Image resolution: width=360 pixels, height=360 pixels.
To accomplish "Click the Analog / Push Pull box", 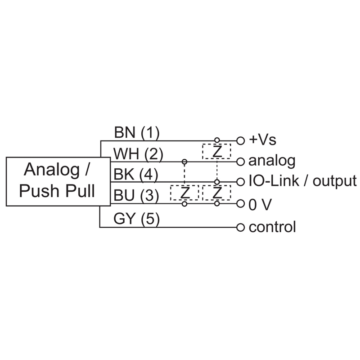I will point(58,180).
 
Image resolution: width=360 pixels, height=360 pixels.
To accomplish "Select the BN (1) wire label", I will point(137,133).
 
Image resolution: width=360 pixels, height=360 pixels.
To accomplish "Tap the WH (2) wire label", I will point(138,154).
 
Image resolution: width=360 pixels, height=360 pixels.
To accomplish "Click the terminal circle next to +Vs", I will point(240,140).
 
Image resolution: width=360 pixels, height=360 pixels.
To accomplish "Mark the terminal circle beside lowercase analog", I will point(240,161).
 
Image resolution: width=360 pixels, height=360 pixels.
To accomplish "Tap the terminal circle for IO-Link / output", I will point(240,182).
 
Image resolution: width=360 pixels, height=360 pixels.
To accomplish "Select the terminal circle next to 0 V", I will point(240,204).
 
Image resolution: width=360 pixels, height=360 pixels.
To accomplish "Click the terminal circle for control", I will point(240,226).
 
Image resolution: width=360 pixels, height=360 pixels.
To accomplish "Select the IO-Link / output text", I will point(302,181).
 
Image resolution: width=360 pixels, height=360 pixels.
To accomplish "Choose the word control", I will point(272,227).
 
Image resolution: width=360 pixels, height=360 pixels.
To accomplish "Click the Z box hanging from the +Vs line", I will point(217,151).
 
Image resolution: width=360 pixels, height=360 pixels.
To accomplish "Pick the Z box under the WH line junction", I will point(184,193).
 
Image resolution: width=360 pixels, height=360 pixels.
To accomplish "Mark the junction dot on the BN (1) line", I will point(217,140).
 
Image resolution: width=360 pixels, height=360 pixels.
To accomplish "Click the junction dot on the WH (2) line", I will point(184,161).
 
